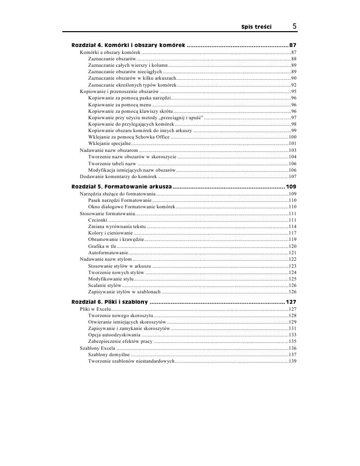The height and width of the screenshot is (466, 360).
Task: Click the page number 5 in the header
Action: click(294, 25)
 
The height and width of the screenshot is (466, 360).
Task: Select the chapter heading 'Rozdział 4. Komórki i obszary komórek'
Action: click(129, 46)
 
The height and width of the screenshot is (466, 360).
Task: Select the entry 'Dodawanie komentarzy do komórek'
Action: click(119, 176)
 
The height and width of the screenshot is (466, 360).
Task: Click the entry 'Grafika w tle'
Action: click(102, 246)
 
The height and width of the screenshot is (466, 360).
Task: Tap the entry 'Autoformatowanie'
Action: click(108, 253)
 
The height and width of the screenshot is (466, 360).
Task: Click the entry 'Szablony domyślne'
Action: click(109, 355)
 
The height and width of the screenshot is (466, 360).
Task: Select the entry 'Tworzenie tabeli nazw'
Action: click(112, 163)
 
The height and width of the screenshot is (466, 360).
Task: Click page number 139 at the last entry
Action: click(292, 362)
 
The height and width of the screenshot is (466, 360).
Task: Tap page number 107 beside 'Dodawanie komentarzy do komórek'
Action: click(292, 176)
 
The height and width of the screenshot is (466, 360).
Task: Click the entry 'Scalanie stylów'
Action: click(104, 285)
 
